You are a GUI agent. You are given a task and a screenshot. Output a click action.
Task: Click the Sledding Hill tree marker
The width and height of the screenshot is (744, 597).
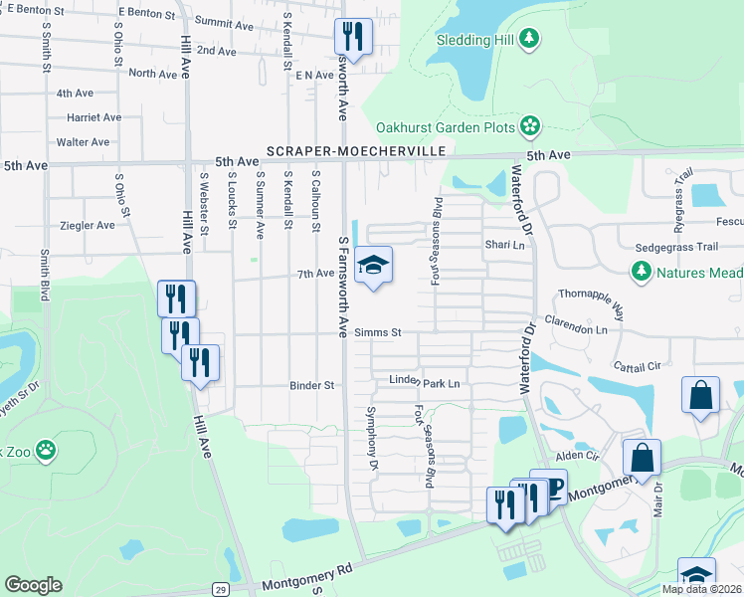531,40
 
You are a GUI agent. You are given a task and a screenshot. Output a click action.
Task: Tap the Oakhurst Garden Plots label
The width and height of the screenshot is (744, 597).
445,127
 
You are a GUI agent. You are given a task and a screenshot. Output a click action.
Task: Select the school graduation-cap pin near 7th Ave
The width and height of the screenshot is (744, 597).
373,266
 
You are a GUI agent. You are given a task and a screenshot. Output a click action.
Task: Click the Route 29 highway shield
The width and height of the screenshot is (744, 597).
221,590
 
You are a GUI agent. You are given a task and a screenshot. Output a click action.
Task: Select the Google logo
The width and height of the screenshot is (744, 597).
33,585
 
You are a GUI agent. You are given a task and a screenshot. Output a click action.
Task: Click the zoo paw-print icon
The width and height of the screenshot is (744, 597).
46,451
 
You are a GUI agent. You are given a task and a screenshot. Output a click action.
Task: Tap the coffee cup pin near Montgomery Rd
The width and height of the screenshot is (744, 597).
551,488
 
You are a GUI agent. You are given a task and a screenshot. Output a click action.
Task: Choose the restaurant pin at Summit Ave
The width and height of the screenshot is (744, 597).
353,36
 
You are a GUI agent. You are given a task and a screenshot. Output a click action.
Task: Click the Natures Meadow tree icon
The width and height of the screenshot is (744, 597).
641,271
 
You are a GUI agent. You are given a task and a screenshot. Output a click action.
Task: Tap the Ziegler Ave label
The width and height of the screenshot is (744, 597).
88,225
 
